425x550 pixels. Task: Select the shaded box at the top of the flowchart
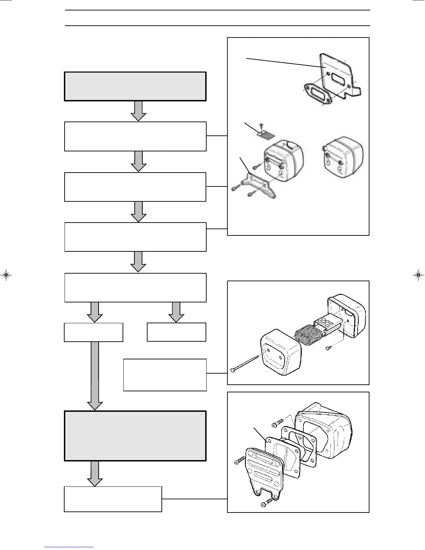click(x=135, y=86)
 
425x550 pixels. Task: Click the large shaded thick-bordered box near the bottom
click(x=135, y=436)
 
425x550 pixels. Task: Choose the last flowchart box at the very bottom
click(x=113, y=499)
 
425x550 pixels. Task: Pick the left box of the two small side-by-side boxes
click(x=93, y=332)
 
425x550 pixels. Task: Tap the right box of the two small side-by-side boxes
click(x=176, y=332)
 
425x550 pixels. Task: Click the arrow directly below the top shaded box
click(x=139, y=111)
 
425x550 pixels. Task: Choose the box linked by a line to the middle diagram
click(x=165, y=375)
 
